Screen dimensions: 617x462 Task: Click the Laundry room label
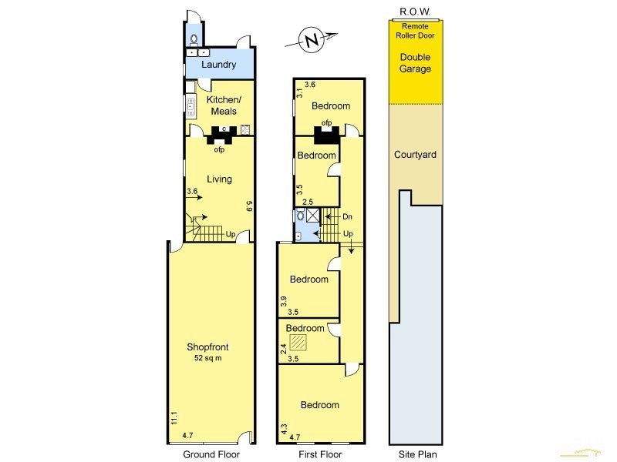pos(219,65)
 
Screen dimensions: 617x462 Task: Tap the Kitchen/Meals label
pos(224,105)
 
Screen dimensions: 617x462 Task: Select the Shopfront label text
pos(207,347)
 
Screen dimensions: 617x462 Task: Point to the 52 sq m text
pos(207,358)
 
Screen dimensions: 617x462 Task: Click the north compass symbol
pos(312,40)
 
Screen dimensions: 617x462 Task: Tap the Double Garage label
pos(415,63)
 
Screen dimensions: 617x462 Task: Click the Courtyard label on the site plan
pos(415,155)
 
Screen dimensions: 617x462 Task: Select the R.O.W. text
pos(415,12)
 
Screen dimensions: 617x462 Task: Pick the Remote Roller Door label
pos(415,31)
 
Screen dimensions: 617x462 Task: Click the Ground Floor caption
pos(211,454)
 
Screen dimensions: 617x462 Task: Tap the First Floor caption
pos(320,454)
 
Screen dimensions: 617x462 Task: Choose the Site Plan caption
pos(417,454)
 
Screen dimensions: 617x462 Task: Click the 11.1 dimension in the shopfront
pos(174,417)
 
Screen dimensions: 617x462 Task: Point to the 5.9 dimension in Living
pos(248,206)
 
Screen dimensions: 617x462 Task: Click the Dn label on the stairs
pos(347,216)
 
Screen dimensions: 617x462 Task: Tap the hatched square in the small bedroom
pos(298,342)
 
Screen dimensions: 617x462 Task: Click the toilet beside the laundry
pos(194,39)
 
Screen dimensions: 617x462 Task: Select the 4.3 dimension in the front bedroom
pos(284,428)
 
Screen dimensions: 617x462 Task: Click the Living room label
pos(219,179)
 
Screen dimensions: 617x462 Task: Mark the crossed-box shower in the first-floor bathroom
pos(313,216)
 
